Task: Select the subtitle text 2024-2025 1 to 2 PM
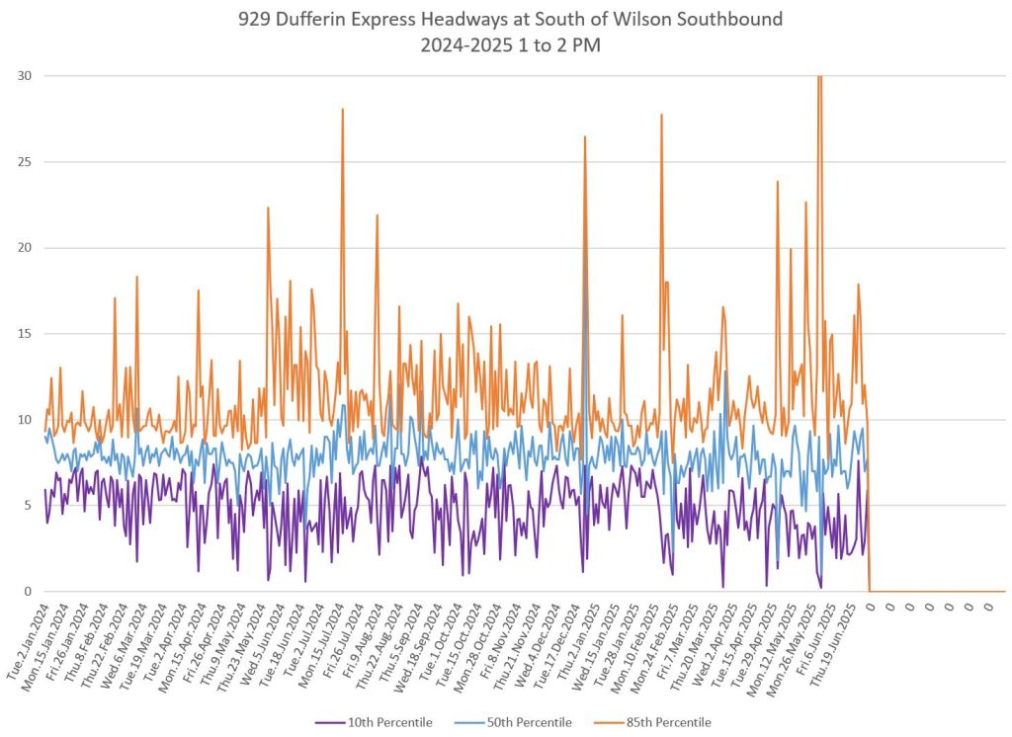point(505,44)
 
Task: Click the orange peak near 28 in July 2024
point(343,110)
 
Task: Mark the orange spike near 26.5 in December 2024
point(585,137)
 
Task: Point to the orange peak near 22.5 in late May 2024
point(268,207)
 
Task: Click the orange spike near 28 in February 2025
point(661,116)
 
